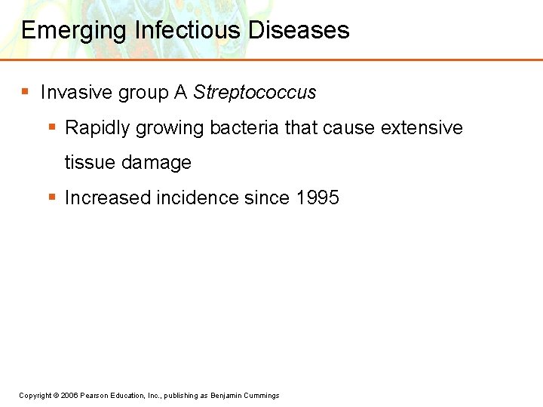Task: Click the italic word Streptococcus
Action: coord(255,93)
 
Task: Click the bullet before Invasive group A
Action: coord(25,92)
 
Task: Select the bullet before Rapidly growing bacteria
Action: coord(51,127)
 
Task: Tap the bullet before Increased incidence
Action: coord(51,197)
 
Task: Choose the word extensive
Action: coord(422,128)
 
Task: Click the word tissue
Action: coord(89,163)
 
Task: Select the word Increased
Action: coord(108,198)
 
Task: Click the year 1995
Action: coord(318,198)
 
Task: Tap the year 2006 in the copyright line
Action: coord(68,396)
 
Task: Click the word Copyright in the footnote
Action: coord(35,396)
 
